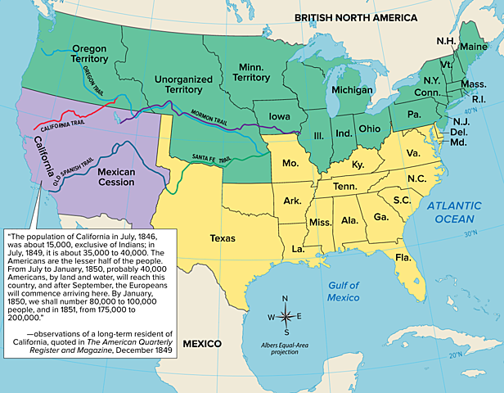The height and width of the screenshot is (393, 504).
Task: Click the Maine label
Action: pos(472,47)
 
